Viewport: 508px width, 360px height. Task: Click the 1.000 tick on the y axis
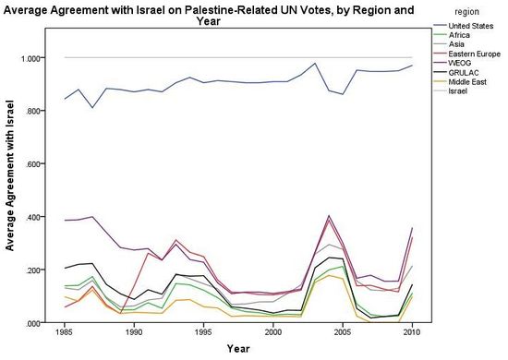tap(31, 58)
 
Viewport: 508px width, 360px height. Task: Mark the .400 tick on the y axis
tap(33, 217)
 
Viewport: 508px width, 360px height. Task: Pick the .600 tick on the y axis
tap(33, 164)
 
